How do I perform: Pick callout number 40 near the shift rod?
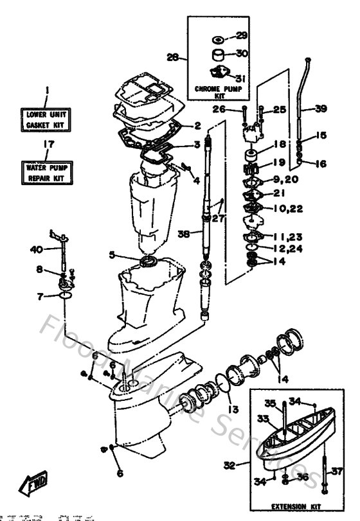point(37,249)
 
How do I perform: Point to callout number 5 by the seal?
point(111,255)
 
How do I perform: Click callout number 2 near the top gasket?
point(198,125)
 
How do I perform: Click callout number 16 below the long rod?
point(321,164)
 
